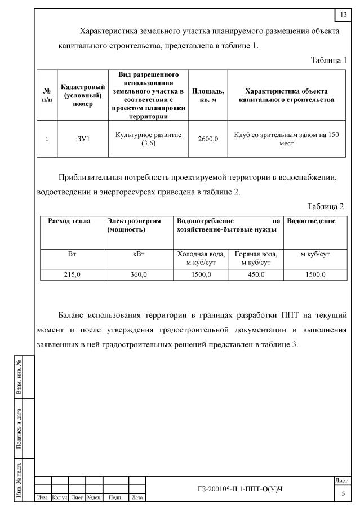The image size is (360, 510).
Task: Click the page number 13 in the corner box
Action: tap(343, 14)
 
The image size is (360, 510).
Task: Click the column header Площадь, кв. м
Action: tap(208, 95)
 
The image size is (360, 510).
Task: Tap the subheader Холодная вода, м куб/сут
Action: tap(201, 259)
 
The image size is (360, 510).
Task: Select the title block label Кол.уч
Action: tap(60, 498)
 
